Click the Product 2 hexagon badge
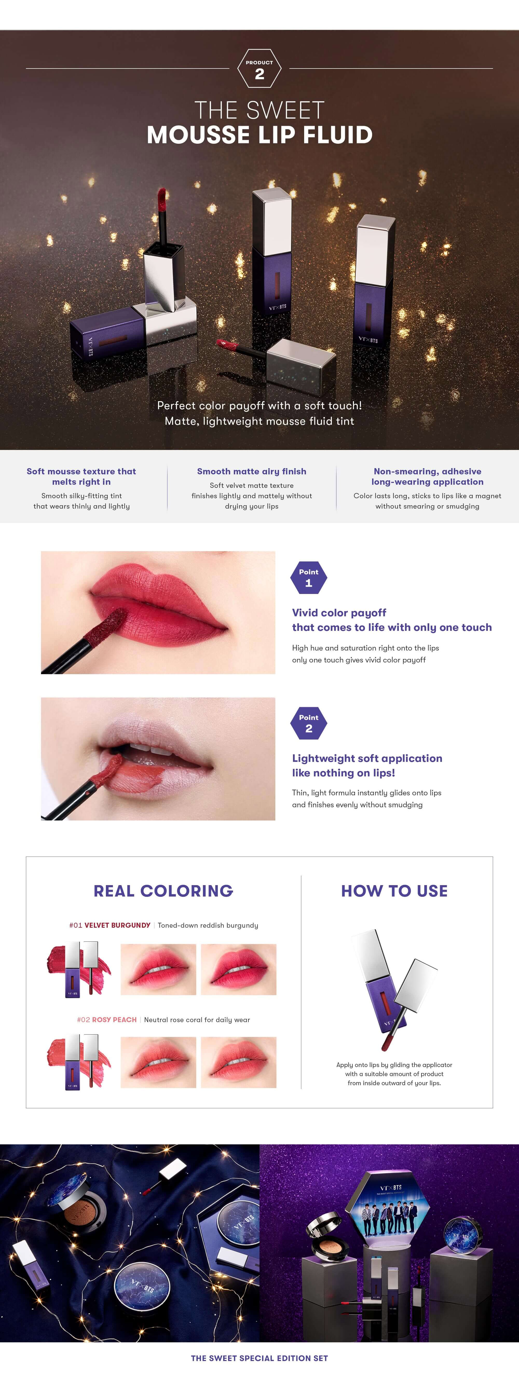259,68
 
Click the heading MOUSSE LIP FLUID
259,135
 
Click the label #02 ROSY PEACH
107,1020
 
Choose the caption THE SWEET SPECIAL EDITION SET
259,1358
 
